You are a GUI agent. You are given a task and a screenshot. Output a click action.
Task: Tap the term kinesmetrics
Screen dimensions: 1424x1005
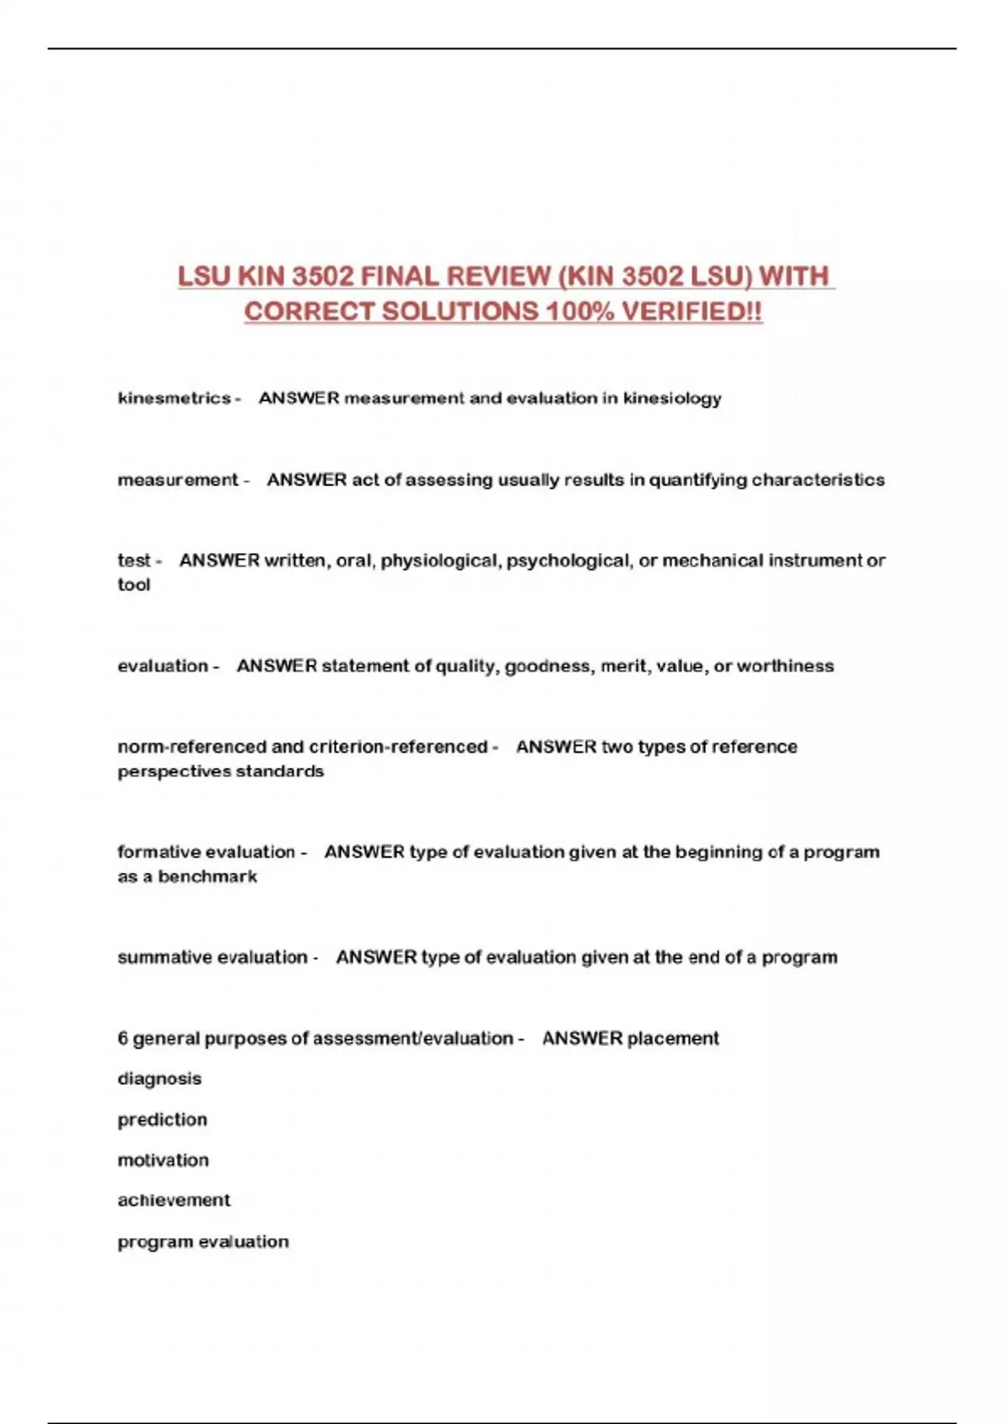(174, 398)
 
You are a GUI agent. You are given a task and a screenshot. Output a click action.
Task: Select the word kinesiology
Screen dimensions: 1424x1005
(672, 398)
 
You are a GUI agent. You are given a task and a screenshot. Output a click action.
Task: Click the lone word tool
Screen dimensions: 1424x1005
(134, 585)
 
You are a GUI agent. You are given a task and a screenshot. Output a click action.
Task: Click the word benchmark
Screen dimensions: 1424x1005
(208, 876)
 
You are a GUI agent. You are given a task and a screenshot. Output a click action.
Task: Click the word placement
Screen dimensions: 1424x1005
(673, 1039)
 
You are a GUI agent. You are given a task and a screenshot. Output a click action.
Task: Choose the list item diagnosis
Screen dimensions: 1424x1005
(159, 1079)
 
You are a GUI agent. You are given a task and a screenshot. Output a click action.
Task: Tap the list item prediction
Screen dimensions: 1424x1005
(162, 1120)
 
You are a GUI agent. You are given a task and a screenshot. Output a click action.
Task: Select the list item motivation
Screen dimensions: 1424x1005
(163, 1160)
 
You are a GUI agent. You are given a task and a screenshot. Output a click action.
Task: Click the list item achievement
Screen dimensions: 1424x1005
(173, 1200)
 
